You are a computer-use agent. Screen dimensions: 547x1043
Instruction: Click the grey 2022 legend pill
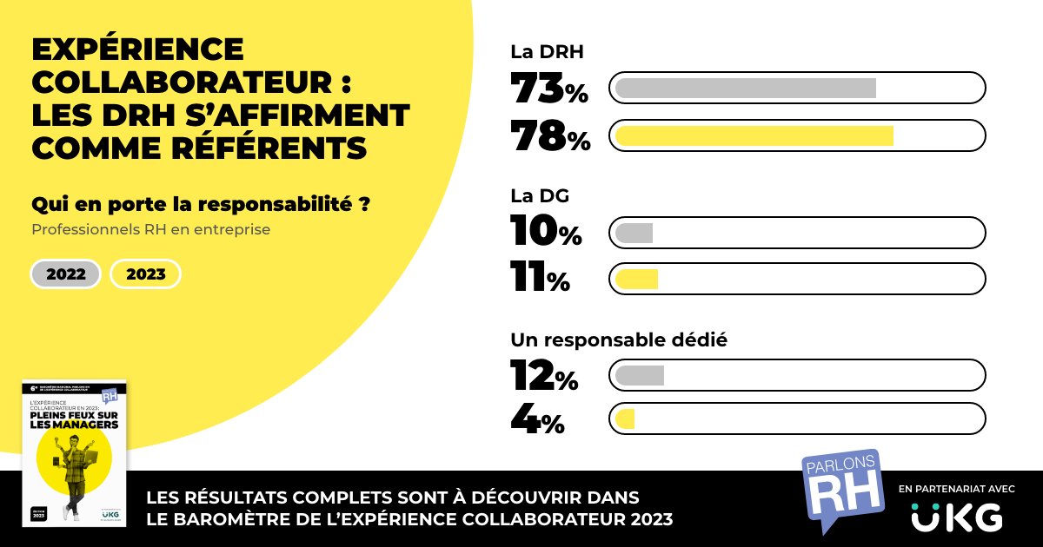click(66, 274)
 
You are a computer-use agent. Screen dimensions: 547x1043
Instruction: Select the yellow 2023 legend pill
click(145, 274)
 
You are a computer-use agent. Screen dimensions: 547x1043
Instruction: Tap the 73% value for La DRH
click(549, 89)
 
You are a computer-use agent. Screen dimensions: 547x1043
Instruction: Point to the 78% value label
click(549, 136)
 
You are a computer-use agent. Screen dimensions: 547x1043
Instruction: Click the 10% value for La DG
click(546, 232)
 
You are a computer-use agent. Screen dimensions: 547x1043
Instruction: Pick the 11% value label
click(540, 279)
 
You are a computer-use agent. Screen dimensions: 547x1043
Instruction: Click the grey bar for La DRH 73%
click(746, 89)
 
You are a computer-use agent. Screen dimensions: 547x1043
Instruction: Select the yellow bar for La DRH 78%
click(754, 136)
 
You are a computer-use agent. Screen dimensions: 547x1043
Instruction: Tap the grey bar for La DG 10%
click(634, 233)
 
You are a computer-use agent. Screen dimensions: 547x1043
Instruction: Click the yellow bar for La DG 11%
click(636, 279)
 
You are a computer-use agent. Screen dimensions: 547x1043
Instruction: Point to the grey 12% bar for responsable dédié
click(639, 375)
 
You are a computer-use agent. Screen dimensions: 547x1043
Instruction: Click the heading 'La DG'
click(540, 196)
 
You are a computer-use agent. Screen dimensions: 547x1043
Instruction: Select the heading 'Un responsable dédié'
click(618, 339)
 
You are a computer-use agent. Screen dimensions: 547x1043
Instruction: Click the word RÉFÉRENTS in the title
click(268, 148)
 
